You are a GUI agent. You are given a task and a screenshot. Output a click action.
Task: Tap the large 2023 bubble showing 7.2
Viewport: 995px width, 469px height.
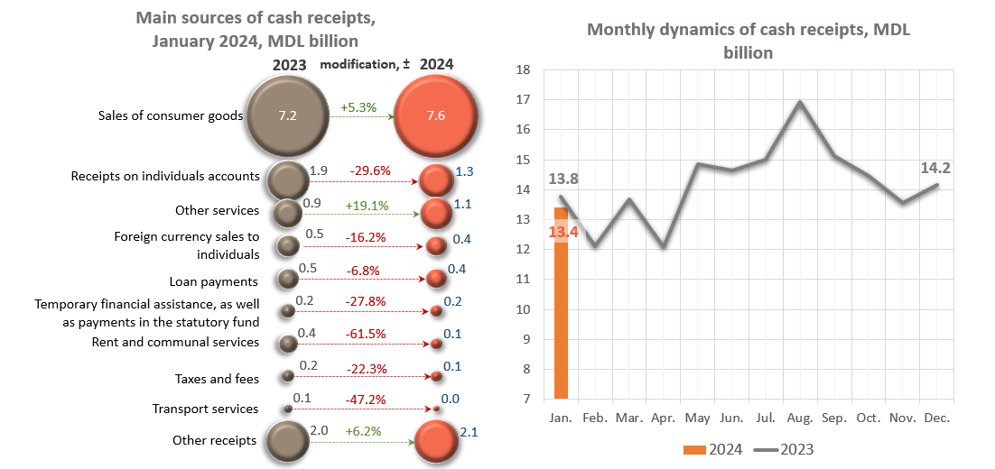point(287,116)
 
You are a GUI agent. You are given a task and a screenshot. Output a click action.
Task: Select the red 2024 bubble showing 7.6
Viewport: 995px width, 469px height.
point(436,116)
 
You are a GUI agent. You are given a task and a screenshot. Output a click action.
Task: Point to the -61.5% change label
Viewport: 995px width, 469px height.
point(366,334)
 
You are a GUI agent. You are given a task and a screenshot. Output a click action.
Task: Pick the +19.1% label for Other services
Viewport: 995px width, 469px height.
point(367,206)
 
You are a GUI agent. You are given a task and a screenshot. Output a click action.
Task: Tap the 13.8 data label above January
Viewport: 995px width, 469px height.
point(563,179)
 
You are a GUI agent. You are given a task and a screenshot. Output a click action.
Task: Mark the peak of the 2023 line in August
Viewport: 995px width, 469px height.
point(800,102)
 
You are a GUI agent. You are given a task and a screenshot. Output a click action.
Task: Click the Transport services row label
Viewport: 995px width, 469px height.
point(206,409)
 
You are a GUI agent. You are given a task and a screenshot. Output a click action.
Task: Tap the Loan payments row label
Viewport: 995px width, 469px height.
point(214,281)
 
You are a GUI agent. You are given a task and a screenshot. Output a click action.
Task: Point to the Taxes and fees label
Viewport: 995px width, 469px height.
point(217,379)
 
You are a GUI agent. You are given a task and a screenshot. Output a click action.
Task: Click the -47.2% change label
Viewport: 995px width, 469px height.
point(366,399)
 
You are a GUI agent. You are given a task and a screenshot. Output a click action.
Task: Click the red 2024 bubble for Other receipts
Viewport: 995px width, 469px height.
point(437,442)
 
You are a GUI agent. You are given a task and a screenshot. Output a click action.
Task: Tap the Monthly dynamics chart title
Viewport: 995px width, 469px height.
point(748,41)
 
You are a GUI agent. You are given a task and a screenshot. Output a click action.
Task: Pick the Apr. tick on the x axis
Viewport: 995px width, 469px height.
point(663,418)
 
